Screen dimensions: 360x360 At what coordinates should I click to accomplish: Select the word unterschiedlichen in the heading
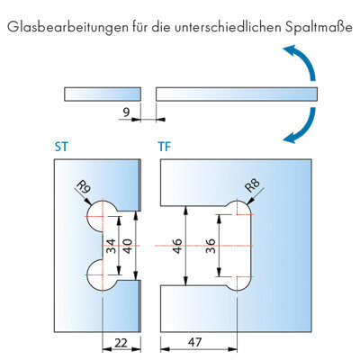(x=228, y=27)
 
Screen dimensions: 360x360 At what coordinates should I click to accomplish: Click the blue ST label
(x=61, y=147)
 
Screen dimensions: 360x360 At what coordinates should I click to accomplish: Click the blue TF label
(x=165, y=147)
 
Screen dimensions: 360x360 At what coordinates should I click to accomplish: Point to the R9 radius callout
(x=84, y=188)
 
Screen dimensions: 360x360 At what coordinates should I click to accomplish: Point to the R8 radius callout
(x=252, y=185)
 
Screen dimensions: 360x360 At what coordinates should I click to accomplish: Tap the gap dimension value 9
(x=126, y=112)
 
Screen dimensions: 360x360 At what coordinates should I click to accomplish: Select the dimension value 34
(x=111, y=246)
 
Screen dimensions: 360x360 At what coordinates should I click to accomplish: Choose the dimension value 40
(x=128, y=246)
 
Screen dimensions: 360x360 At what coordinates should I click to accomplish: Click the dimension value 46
(x=177, y=246)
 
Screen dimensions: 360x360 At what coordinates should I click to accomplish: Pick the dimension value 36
(x=211, y=246)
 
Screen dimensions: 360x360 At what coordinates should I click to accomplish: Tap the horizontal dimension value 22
(x=121, y=342)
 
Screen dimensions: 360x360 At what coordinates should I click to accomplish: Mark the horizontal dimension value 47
(x=195, y=342)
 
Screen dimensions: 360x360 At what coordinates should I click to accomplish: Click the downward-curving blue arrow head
(x=291, y=138)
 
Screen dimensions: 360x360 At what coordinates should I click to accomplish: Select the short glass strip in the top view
(x=103, y=94)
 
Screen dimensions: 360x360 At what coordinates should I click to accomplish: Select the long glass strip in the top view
(x=237, y=94)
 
